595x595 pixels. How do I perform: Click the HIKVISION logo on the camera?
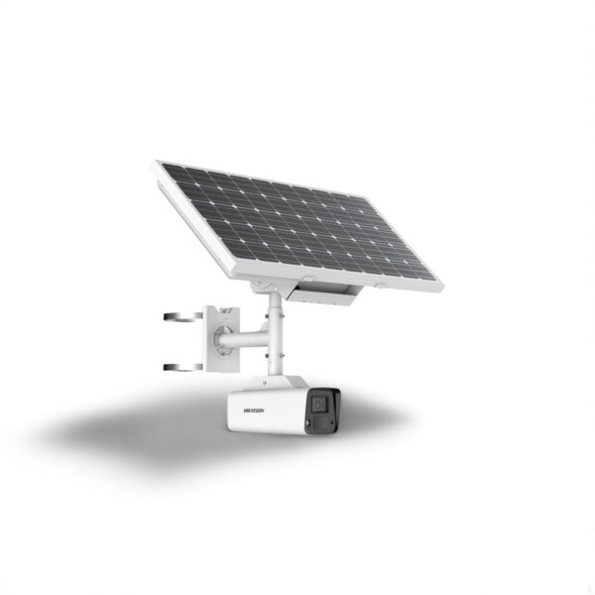254,411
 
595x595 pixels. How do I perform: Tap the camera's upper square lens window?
320,405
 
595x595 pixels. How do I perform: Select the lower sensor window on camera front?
320,421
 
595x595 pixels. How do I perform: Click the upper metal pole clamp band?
183,316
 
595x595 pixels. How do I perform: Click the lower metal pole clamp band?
183,367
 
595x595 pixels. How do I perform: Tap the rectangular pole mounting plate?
223,338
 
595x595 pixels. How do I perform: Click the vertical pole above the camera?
275,334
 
